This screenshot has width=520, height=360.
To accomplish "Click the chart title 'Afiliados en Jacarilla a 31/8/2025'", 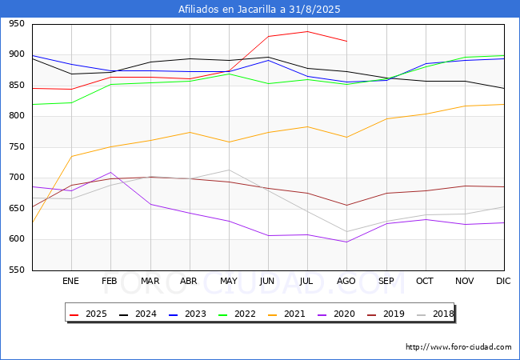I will (260, 10).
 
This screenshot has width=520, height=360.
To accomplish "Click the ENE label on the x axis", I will (71, 281).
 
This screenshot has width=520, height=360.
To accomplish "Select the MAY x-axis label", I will (229, 281).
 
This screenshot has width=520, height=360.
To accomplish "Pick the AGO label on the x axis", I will (346, 281).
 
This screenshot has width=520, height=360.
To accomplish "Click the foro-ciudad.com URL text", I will (458, 347).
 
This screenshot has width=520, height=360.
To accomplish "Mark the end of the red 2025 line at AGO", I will (346, 41).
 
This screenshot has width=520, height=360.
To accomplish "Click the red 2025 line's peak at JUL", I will (307, 32).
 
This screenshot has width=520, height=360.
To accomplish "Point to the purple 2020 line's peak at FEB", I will (110, 172).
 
